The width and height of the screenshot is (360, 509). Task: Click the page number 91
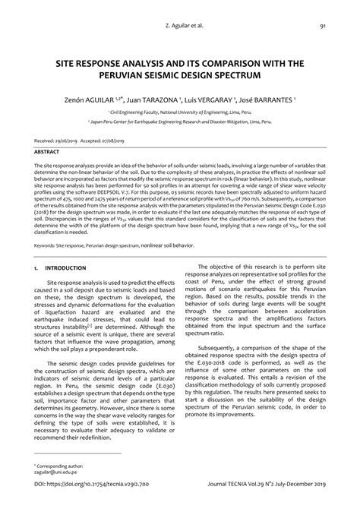click(x=323, y=26)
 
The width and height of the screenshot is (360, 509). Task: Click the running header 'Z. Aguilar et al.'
click(x=181, y=26)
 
